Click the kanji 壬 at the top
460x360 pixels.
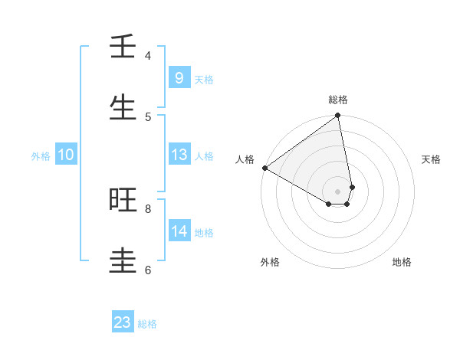coord(123,47)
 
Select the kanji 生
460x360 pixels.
coord(123,108)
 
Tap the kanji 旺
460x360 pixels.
coord(123,200)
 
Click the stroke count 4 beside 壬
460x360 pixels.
coord(148,56)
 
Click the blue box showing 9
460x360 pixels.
coord(179,77)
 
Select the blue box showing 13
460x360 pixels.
coord(179,155)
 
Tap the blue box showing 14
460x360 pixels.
coord(179,231)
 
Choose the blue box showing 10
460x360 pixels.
coord(66,155)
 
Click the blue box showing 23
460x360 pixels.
coord(123,322)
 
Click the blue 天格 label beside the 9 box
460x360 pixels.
coord(204,79)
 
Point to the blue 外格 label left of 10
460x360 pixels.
coord(41,155)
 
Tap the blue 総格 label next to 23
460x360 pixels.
coord(148,324)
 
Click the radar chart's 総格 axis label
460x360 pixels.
coord(338,100)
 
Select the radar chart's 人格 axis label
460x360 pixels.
coord(245,159)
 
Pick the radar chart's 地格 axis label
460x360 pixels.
coord(402,262)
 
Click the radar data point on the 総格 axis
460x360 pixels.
coord(338,116)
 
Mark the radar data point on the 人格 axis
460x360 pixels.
coord(264,168)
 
